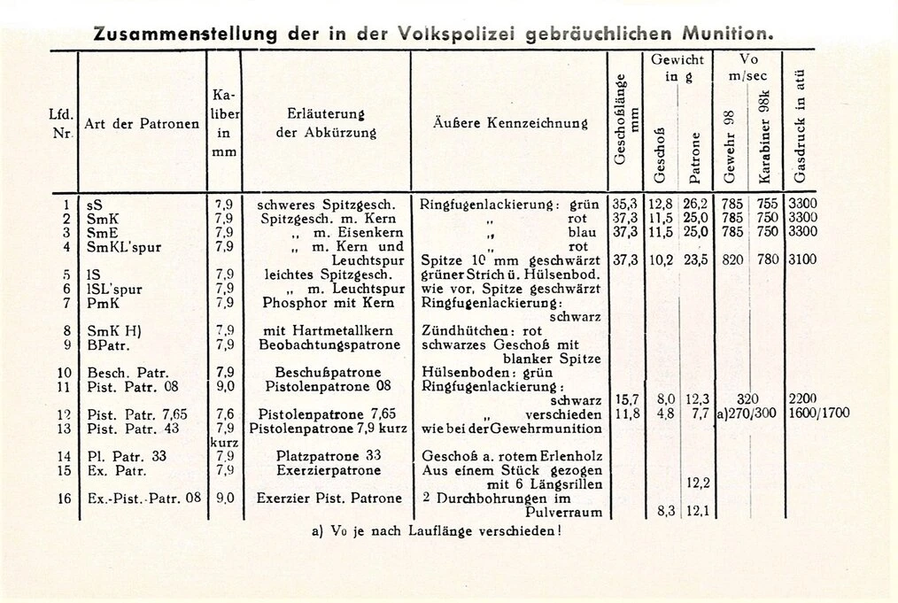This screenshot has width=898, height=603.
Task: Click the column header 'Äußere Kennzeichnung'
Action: point(509,123)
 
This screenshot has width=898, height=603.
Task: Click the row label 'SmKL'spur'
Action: point(124,246)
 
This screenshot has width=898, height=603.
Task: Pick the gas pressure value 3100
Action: point(803,260)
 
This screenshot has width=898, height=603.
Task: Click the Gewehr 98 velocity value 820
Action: point(732,260)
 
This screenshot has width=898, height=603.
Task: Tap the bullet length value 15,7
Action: point(627,400)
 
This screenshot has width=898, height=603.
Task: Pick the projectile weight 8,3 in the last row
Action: point(666,512)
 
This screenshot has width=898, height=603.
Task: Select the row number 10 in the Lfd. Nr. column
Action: point(65,373)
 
